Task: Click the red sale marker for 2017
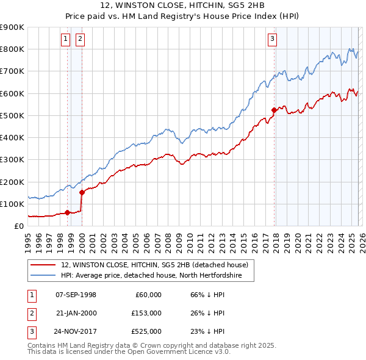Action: pos(274,110)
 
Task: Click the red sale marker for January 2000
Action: pos(82,192)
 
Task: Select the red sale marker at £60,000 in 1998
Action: pos(67,213)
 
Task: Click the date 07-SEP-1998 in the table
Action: pos(76,295)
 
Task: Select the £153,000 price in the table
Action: pos(146,313)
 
